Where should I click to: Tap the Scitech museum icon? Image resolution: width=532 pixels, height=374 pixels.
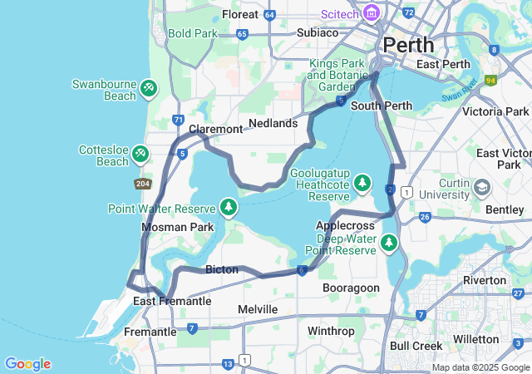pos(371,13)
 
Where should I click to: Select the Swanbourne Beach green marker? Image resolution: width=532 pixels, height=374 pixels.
pos(148,87)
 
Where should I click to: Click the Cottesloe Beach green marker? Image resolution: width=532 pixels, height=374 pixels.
pos(140,153)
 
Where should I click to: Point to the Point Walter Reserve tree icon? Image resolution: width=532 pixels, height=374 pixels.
pos(228,205)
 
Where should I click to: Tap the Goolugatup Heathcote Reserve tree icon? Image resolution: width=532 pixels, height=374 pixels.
pos(362,182)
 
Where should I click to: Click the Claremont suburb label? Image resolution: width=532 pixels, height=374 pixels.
pos(215,129)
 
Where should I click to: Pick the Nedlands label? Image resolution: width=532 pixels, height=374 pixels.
pos(273,123)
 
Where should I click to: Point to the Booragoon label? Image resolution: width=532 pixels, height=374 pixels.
pos(352,288)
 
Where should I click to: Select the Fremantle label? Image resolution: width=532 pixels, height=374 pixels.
pos(150,331)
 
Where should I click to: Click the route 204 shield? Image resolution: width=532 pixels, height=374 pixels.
pos(141,183)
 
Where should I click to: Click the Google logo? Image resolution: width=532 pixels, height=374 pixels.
pos(27,364)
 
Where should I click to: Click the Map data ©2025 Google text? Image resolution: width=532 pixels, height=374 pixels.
pos(480,367)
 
